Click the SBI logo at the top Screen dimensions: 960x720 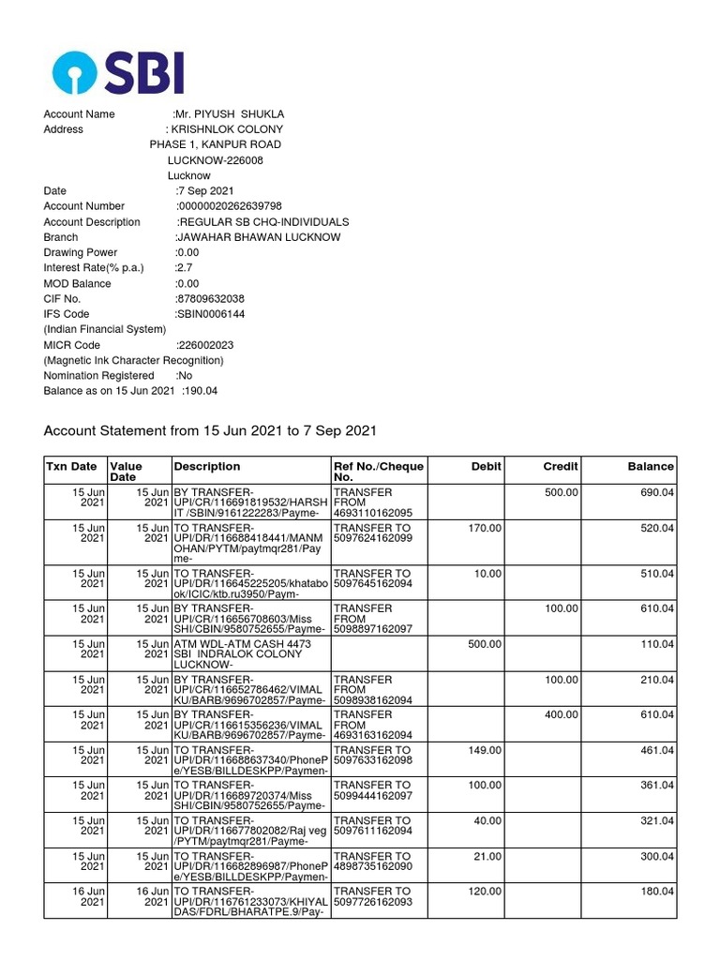[118, 71]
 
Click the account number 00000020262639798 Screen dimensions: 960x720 [230, 206]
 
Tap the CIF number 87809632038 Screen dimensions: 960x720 [212, 299]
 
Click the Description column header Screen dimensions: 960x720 [207, 466]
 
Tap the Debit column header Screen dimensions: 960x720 [487, 466]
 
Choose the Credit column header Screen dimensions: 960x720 [561, 466]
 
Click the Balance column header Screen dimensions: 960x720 [651, 466]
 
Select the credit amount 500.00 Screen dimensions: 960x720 [561, 492]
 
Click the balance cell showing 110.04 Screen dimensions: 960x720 [657, 644]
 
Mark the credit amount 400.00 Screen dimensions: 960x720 [561, 715]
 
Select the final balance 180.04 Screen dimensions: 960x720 [657, 892]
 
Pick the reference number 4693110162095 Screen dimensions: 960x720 [373, 513]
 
